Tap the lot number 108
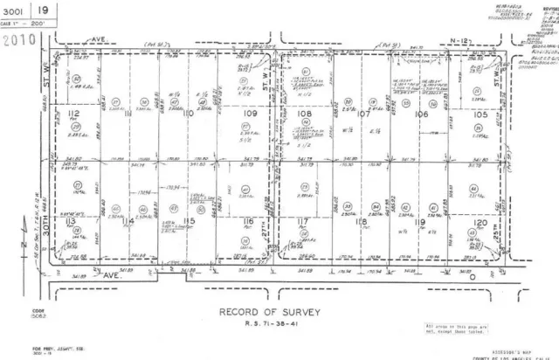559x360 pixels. pyautogui.click(x=305, y=114)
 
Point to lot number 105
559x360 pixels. pyautogui.click(x=480, y=114)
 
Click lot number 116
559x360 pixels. pyautogui.click(x=248, y=224)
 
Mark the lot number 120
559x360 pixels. pyautogui.click(x=480, y=223)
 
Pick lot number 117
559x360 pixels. pyautogui.click(x=303, y=223)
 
